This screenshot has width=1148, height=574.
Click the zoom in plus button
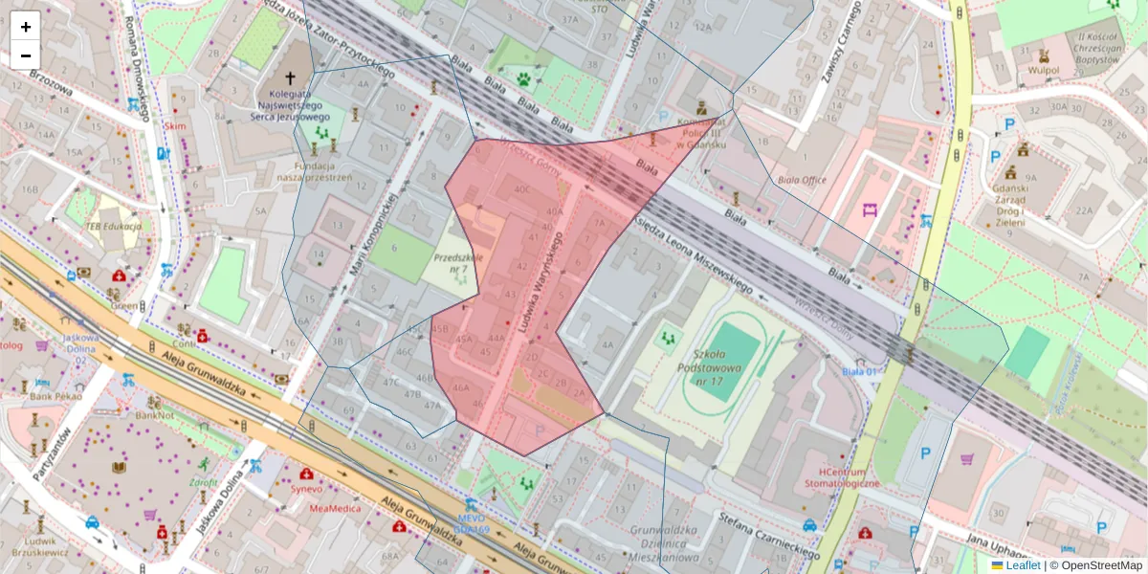click(26, 27)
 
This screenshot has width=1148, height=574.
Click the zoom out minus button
click(26, 55)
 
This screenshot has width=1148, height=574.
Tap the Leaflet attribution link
click(1022, 565)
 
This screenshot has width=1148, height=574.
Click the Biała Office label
click(801, 179)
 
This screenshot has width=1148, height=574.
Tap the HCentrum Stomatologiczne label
click(836, 477)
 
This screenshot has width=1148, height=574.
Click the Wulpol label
click(1043, 70)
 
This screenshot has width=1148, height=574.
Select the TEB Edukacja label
click(113, 226)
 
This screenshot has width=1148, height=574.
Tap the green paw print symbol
click(524, 79)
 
